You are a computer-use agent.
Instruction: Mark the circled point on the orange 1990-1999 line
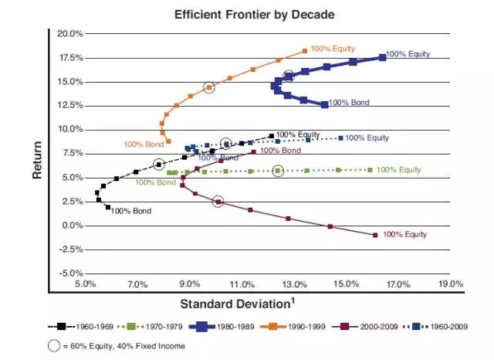(x=208, y=88)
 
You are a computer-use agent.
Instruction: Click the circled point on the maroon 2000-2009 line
(x=218, y=202)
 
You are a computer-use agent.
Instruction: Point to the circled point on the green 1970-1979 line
(x=278, y=171)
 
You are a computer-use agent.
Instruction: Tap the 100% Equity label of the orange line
(x=332, y=49)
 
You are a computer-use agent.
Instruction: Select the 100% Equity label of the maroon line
(x=404, y=233)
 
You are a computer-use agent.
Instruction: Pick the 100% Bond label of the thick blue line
(x=349, y=102)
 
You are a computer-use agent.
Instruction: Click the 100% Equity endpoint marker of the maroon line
(x=375, y=235)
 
